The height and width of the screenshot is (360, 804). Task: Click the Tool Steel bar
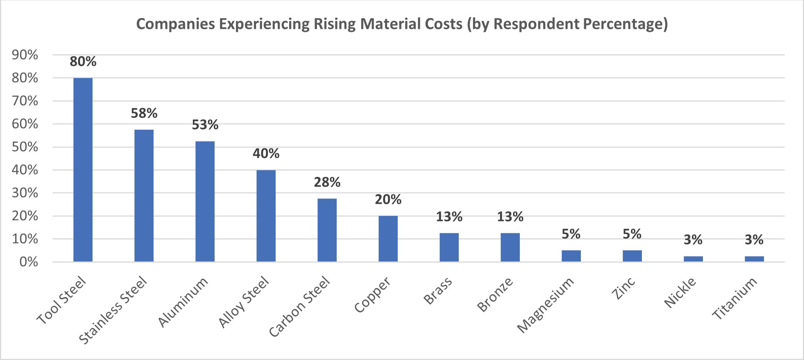[83, 169]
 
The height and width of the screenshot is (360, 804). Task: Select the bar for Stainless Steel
[144, 195]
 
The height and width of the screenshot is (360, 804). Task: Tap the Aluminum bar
[205, 201]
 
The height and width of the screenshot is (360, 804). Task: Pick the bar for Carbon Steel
[327, 230]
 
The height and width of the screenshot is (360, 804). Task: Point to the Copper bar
[388, 238]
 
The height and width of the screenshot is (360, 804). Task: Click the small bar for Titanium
[754, 258]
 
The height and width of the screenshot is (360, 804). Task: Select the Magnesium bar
[571, 255]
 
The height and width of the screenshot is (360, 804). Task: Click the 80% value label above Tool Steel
[83, 61]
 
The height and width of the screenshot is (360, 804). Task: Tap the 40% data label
[266, 153]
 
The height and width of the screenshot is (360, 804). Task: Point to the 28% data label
[327, 182]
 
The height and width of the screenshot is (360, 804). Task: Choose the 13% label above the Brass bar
[449, 217]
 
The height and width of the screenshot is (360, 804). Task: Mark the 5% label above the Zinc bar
[632, 234]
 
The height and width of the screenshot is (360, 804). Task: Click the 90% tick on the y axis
[25, 55]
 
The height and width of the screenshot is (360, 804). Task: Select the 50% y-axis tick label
[25, 147]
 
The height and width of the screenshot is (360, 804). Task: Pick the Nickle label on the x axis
[680, 293]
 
